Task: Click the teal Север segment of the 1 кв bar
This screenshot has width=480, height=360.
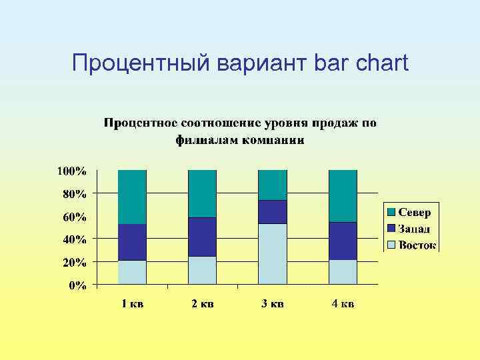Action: coord(132,197)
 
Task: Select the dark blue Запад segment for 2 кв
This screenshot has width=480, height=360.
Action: coord(202,237)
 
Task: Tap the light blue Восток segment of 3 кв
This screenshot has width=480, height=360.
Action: coord(272,254)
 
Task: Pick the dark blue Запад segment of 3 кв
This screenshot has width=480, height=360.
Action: coord(272,211)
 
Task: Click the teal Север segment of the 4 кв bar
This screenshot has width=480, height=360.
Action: coord(343,196)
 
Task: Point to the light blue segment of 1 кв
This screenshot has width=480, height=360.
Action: coord(132,272)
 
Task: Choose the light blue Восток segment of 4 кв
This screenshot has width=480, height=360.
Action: coord(343,272)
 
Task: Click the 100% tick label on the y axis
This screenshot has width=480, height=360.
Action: coord(71,171)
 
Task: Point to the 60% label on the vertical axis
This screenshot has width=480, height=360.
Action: coord(74,217)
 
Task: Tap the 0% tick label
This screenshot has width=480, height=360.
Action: coord(77,285)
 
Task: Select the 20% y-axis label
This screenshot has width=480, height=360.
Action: coord(74,263)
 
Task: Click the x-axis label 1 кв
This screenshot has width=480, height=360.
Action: coord(132,304)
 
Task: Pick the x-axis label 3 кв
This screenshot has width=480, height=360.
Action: coord(272,304)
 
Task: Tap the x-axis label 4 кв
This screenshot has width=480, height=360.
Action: coord(343,304)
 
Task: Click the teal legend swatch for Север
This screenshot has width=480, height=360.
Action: coord(391,212)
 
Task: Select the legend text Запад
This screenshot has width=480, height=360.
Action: coord(415,229)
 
